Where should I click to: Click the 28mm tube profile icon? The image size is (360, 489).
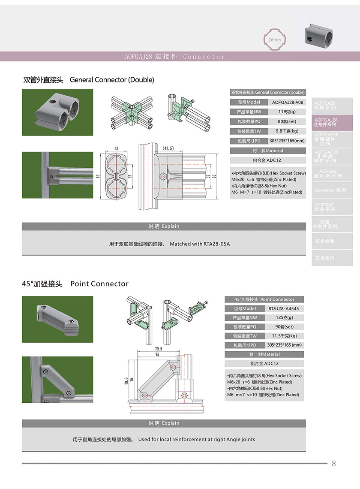[x=274, y=39]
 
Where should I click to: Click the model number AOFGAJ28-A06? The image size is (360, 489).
[x=287, y=103]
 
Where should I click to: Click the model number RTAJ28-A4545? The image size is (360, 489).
[x=284, y=308]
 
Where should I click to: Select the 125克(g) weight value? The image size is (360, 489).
[x=284, y=317]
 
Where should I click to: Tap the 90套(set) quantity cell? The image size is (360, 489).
[x=284, y=327]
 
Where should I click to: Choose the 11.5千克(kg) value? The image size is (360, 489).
[x=284, y=336]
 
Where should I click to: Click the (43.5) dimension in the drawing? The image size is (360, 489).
[x=168, y=148]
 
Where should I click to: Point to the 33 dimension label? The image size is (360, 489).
[x=116, y=148]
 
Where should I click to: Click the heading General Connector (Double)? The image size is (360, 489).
[x=111, y=80]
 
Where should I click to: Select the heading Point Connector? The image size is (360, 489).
[x=99, y=284]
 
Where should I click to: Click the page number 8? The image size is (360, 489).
[x=334, y=463]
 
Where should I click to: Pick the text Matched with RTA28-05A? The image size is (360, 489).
[x=200, y=244]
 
